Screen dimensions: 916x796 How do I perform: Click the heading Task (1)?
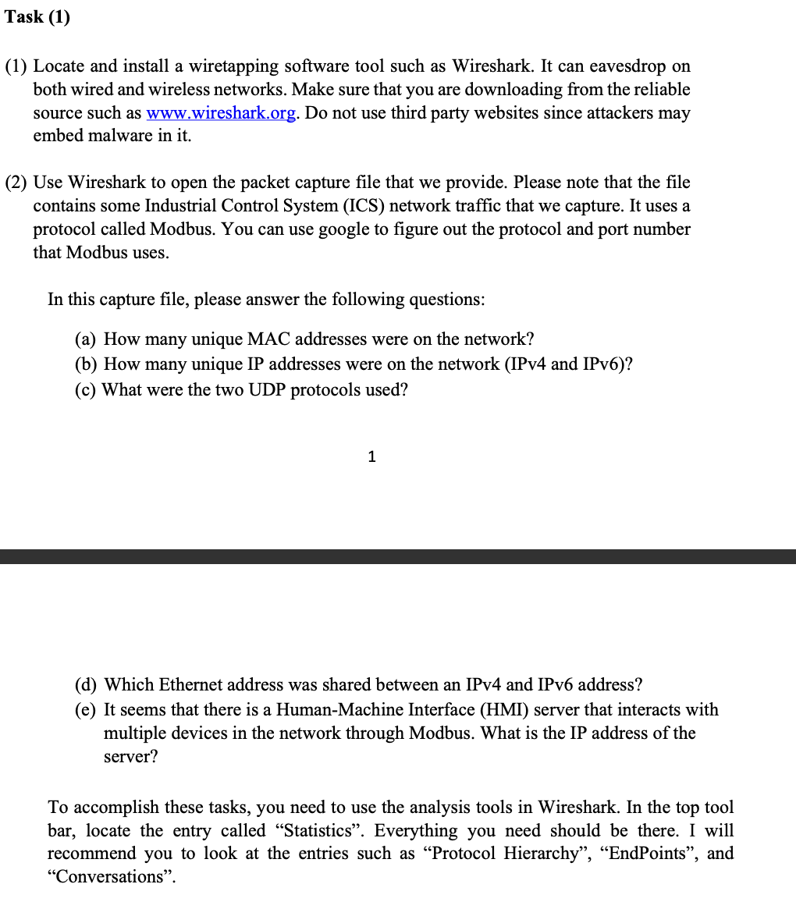[x=37, y=17]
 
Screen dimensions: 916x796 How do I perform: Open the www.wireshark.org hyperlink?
[x=221, y=113]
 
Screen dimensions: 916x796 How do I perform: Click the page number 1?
[x=371, y=457]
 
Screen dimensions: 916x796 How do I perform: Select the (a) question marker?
[x=86, y=339]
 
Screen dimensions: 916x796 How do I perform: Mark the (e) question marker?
[x=86, y=710]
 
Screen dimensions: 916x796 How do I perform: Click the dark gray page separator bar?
[x=398, y=556]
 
